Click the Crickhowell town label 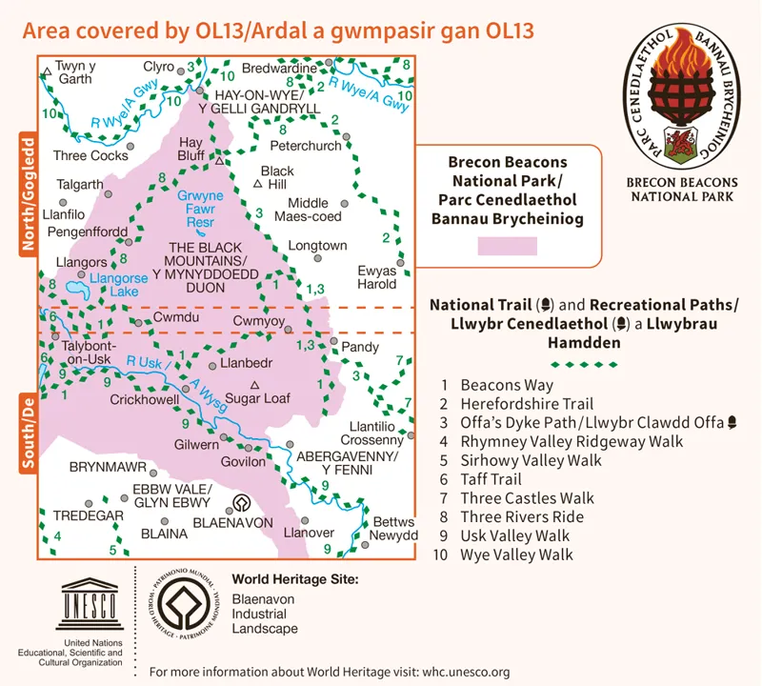tap(145, 401)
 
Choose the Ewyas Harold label tap(377, 277)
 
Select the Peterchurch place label tap(305, 147)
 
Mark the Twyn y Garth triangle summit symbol tap(47, 71)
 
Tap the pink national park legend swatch tap(506, 245)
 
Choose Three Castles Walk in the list tap(527, 497)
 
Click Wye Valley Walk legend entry tap(516, 554)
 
